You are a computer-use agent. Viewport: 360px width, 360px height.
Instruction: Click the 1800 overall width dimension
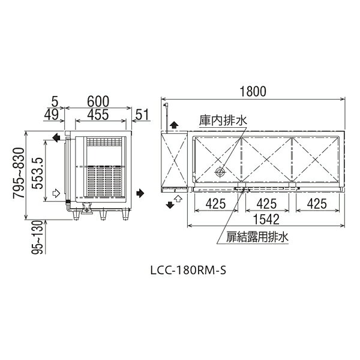[x=253, y=91]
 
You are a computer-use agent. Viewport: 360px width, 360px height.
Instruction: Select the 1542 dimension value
[x=266, y=219]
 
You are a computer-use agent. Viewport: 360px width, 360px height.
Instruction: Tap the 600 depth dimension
[x=98, y=101]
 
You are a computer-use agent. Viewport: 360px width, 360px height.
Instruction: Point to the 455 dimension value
[x=98, y=115]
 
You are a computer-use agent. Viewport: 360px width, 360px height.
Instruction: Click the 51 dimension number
[x=142, y=115]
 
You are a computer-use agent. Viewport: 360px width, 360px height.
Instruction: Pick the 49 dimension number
[x=52, y=115]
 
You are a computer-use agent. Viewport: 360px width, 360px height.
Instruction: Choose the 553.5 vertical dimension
[x=38, y=173]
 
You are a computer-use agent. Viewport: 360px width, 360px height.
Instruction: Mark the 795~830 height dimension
[x=19, y=173]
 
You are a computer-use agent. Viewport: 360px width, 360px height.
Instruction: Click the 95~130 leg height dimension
[x=37, y=237]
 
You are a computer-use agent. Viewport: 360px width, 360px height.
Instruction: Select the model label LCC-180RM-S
[x=188, y=270]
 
